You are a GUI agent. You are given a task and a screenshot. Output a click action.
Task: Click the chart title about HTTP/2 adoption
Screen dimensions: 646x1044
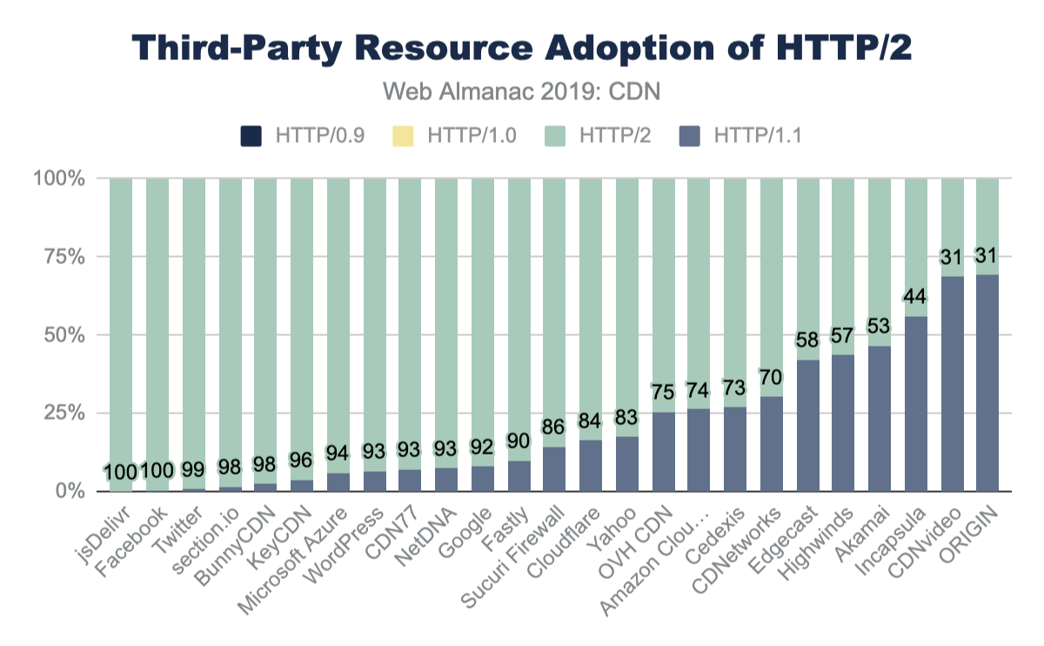point(522,48)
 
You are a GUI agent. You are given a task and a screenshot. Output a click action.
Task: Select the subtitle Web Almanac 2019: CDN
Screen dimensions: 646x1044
point(522,91)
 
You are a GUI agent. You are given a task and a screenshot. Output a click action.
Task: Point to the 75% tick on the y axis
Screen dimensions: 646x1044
point(60,257)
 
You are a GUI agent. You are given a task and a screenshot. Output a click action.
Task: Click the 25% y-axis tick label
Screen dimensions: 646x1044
point(60,414)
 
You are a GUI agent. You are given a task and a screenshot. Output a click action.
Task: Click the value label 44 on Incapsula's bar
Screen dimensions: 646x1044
point(914,297)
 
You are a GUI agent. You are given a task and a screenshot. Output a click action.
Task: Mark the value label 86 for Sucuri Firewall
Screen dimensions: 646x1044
point(554,427)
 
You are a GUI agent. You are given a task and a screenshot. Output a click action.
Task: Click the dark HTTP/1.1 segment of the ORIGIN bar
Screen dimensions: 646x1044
point(987,383)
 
